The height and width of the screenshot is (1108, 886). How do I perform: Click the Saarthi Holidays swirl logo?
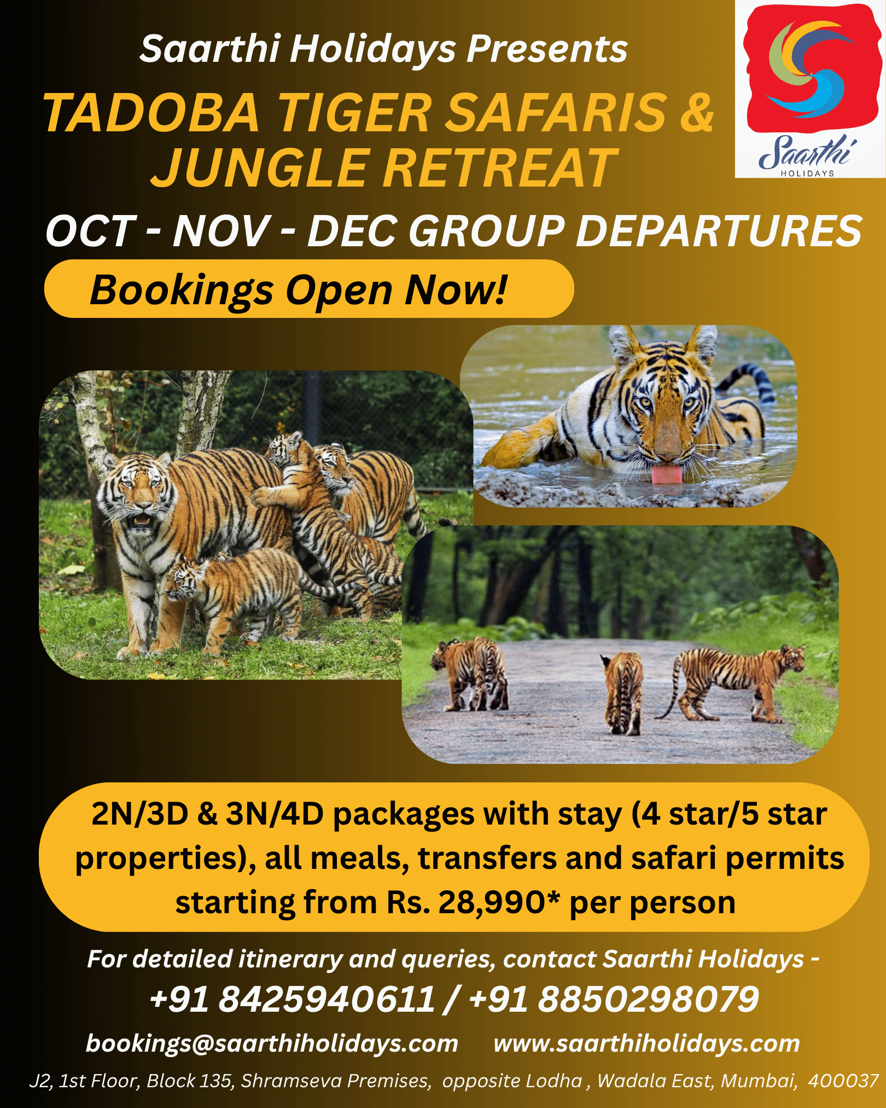tap(809, 68)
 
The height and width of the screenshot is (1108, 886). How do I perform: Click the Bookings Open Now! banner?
tap(309, 289)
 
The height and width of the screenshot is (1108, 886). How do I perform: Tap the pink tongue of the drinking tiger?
tap(667, 474)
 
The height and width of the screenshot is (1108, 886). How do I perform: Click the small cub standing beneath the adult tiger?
tap(235, 599)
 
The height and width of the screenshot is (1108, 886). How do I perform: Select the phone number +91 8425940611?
tap(292, 999)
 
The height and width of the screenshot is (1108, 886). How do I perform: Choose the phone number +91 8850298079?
tap(614, 999)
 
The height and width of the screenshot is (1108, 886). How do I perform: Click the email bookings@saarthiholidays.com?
tap(272, 1043)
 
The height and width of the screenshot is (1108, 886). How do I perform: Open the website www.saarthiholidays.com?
tap(646, 1043)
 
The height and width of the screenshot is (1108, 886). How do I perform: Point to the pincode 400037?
tap(843, 1081)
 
